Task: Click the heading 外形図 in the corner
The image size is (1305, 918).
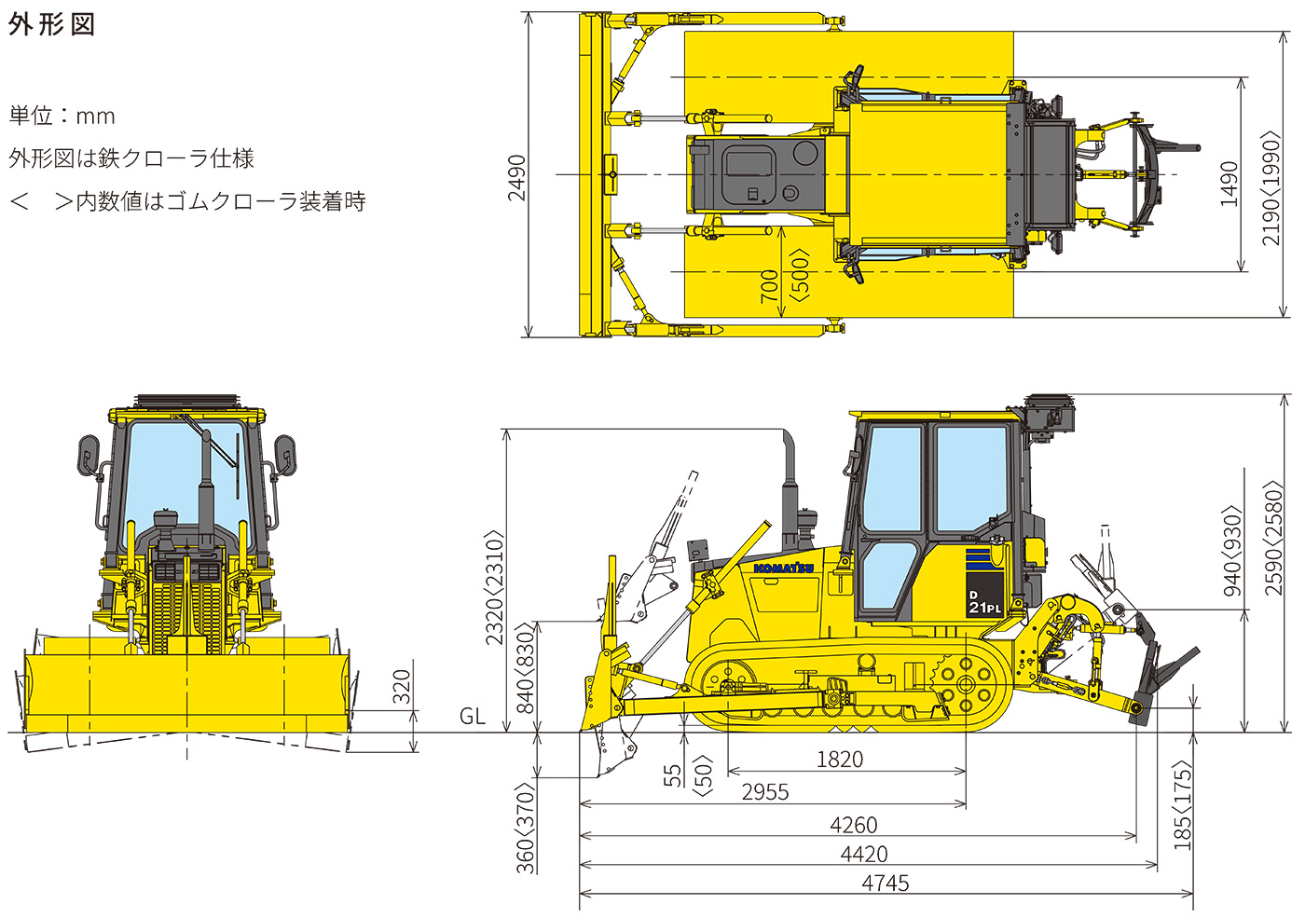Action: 52,24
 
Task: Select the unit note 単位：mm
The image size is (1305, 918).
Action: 62,116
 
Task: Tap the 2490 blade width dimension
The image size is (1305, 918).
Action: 516,177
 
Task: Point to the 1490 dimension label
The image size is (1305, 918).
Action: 1229,184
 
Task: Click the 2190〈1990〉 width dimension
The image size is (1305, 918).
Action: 1271,188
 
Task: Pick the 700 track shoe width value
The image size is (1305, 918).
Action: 769,284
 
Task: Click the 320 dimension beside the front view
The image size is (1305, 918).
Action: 402,687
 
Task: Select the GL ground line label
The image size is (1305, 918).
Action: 473,716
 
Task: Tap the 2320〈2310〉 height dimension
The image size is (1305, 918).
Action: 495,587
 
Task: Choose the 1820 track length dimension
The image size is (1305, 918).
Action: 840,760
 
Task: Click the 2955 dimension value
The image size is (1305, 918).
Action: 765,792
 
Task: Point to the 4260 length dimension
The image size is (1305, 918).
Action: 854,825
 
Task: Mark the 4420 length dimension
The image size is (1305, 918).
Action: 864,854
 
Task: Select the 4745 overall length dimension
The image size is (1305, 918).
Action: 886,883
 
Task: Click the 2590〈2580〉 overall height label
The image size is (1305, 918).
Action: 1274,538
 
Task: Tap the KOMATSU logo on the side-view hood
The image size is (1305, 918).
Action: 783,568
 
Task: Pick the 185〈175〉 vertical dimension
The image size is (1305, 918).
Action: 1182,807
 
